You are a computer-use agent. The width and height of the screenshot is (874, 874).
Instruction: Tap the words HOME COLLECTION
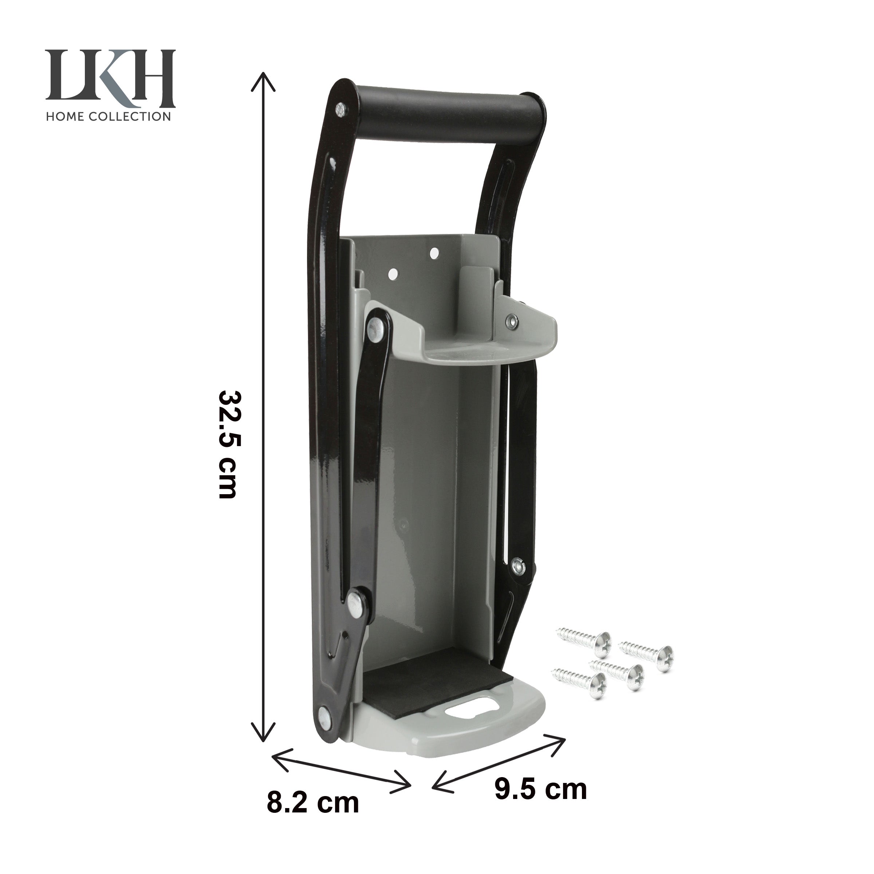pyautogui.click(x=109, y=116)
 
